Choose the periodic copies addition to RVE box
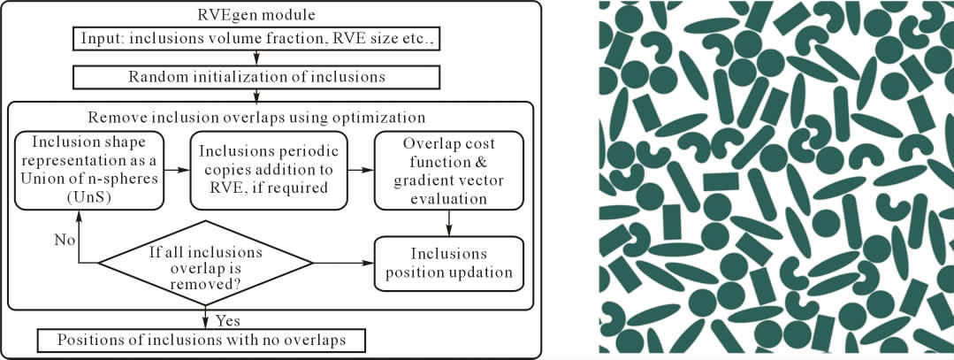269,171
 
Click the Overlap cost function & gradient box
449,171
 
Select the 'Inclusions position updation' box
449,263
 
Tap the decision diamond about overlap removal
205,263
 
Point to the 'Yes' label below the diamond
228,320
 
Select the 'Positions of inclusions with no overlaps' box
202,341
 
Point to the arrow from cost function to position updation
449,224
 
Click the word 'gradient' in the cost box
417,182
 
